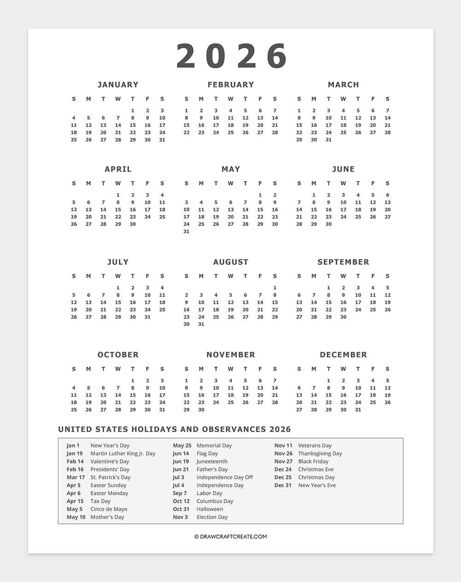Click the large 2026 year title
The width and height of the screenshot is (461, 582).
(231, 56)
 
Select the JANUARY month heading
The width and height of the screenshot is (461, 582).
(118, 84)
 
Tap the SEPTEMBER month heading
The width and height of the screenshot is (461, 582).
(343, 262)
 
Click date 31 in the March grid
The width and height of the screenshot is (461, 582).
(328, 140)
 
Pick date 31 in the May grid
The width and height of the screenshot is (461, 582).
(186, 232)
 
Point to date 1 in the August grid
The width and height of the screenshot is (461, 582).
(275, 288)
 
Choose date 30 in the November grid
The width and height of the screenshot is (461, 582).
(201, 410)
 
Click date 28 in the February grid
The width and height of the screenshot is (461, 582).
(275, 132)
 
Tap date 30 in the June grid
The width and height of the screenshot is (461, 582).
(328, 224)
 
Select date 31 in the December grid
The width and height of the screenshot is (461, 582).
(358, 410)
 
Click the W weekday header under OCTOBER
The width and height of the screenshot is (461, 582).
(118, 369)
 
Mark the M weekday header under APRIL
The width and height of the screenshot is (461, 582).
(89, 184)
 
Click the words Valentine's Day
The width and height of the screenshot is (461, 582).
(110, 461)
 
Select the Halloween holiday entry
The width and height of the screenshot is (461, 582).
(210, 509)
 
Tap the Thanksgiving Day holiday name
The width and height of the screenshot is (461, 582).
(320, 453)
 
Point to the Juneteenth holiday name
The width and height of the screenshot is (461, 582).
(212, 461)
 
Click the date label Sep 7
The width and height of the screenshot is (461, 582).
(180, 493)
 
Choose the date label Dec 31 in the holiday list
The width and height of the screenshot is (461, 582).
(283, 485)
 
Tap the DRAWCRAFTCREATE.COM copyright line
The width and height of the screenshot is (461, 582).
(230, 536)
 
